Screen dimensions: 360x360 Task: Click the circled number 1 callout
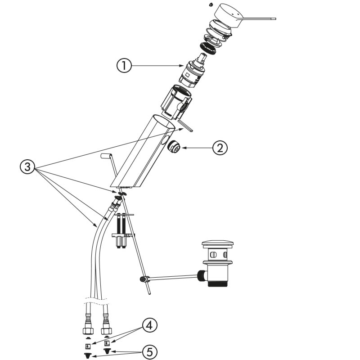(x=124, y=66)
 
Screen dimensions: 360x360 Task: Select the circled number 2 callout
(x=220, y=148)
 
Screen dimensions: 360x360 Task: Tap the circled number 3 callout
(x=28, y=167)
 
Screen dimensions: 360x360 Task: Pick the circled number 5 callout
(x=149, y=351)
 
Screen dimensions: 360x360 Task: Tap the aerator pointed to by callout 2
(x=173, y=147)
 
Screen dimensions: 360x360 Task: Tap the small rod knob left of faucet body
(x=106, y=156)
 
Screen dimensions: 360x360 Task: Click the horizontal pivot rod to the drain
(x=171, y=277)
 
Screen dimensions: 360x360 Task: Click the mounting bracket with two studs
(x=121, y=234)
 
